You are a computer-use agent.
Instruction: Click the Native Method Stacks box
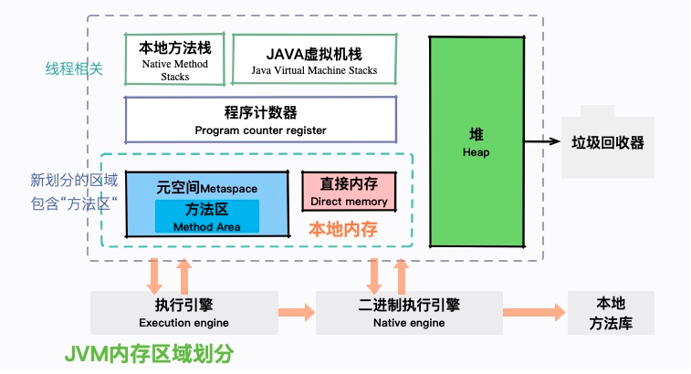point(174,59)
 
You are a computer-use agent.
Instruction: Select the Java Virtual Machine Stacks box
point(314,58)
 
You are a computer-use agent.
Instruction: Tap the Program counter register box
point(260,120)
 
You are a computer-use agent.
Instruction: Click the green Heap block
point(476,141)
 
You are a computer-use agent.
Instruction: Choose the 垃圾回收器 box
point(607,142)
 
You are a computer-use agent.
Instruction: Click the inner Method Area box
point(206,216)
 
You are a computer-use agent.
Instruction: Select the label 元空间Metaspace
point(206,188)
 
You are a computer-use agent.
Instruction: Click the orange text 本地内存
point(343,228)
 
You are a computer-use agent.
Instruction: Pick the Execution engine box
point(183,312)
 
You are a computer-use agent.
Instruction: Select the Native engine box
point(409,312)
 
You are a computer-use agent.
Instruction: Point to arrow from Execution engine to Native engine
point(297,312)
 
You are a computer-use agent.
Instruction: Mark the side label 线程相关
point(75,68)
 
